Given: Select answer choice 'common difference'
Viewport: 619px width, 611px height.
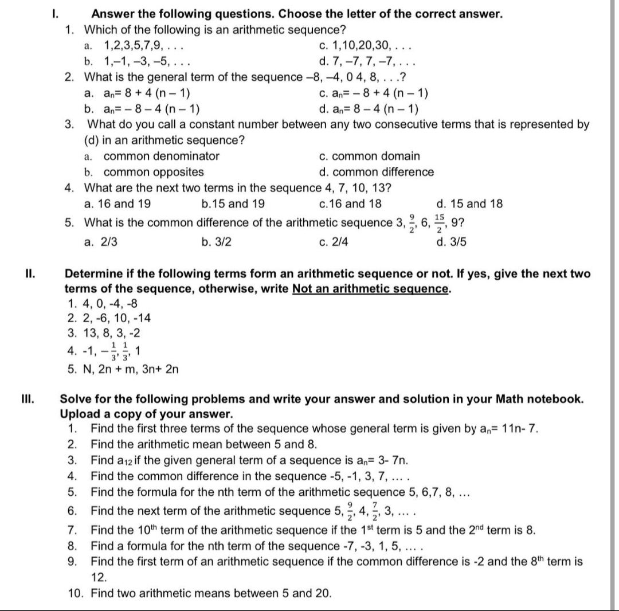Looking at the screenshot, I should (383, 172).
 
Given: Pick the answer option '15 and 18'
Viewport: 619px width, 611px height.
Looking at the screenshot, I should (476, 203).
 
